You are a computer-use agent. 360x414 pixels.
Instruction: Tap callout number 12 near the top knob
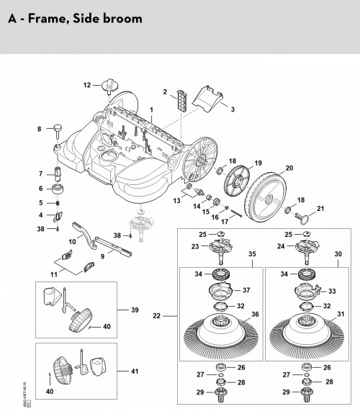(x=87, y=86)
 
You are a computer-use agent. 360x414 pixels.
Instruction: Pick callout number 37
(x=246, y=290)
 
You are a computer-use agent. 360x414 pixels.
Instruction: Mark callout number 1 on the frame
(x=151, y=109)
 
